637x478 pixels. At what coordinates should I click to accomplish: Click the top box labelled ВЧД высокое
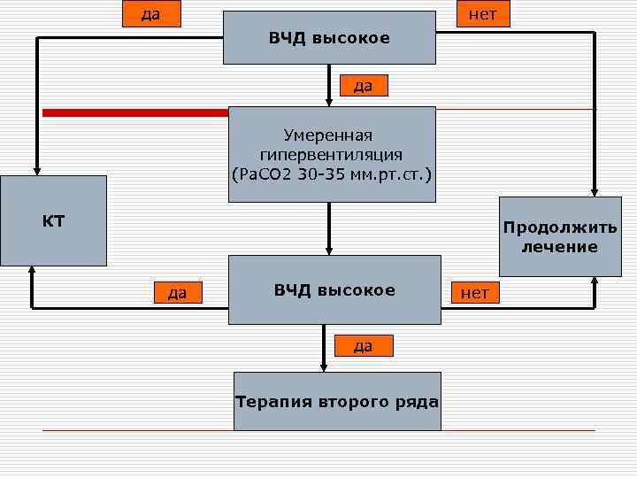tap(329, 38)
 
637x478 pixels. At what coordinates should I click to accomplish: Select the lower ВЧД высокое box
tap(334, 290)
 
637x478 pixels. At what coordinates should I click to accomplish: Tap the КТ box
tap(53, 220)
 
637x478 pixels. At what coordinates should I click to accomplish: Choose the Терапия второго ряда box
tap(337, 402)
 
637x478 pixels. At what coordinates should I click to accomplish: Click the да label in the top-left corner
tap(150, 14)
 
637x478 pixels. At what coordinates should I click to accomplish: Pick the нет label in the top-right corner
tap(482, 14)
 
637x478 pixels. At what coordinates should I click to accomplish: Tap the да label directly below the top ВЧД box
tap(363, 85)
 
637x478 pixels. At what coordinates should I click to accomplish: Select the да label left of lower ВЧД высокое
tap(177, 291)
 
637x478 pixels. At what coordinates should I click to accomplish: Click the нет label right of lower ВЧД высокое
tap(475, 291)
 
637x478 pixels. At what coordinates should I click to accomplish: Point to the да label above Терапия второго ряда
tap(363, 345)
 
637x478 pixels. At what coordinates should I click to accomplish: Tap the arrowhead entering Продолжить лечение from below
tap(595, 281)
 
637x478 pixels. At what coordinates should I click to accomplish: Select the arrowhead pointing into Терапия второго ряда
tap(324, 366)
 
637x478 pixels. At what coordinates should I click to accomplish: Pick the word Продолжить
tap(559, 227)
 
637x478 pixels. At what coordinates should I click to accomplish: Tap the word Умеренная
tap(328, 135)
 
